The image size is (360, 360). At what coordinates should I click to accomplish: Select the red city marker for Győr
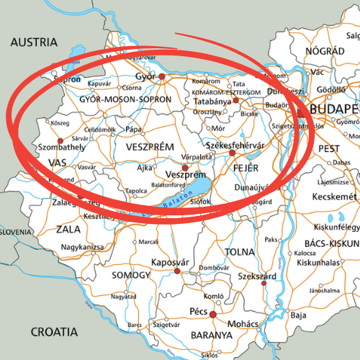163,76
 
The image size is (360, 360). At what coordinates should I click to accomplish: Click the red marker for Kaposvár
177,271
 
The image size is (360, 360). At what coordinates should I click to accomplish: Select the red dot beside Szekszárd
264,282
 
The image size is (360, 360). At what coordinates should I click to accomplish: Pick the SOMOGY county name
131,275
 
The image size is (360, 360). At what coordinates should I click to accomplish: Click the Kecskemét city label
332,197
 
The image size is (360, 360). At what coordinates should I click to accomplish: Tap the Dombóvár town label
213,268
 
